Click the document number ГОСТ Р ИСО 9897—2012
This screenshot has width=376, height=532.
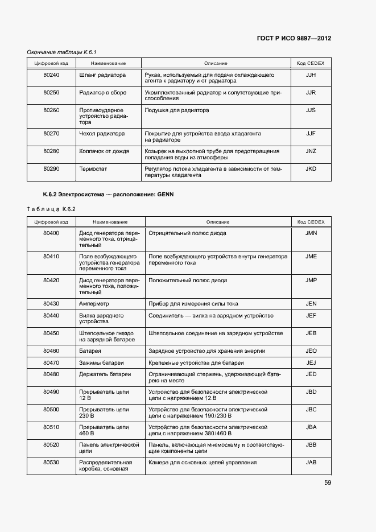pyautogui.click(x=295, y=39)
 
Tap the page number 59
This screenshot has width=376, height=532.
pyautogui.click(x=327, y=483)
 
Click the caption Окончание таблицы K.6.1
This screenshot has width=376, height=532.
pyautogui.click(x=58, y=52)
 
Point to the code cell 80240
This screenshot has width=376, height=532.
pyautogui.click(x=51, y=75)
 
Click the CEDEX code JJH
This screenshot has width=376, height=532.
pyautogui.click(x=311, y=75)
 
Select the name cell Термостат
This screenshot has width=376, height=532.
pyautogui.click(x=93, y=169)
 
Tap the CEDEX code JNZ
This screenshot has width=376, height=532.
pyautogui.click(x=311, y=151)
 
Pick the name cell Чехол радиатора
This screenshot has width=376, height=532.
pyautogui.click(x=102, y=134)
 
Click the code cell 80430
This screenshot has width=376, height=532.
pyautogui.click(x=51, y=304)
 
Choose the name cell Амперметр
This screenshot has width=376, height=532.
pyautogui.click(x=94, y=304)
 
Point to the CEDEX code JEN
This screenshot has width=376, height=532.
pyautogui.click(x=311, y=304)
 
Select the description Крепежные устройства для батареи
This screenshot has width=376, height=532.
pyautogui.click(x=196, y=362)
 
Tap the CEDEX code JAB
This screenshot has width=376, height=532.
pyautogui.click(x=311, y=463)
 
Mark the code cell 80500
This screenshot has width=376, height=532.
pyautogui.click(x=51, y=410)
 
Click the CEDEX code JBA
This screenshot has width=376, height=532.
pyautogui.click(x=311, y=427)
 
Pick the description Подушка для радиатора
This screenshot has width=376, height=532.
pyautogui.click(x=176, y=110)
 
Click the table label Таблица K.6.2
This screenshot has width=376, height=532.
pyautogui.click(x=51, y=209)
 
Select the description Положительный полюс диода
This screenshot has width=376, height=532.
pyautogui.click(x=188, y=281)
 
